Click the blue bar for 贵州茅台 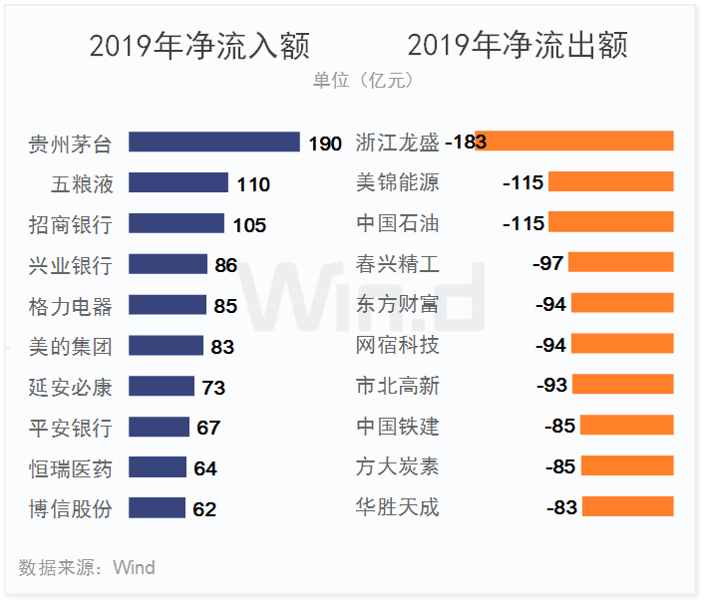click(x=213, y=143)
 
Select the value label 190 click(x=325, y=144)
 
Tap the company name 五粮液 click(x=83, y=184)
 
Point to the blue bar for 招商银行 click(x=176, y=224)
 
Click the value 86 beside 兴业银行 click(x=225, y=265)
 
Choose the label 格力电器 click(x=71, y=306)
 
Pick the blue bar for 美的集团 click(x=166, y=346)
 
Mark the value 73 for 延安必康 click(x=213, y=388)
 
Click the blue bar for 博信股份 click(x=157, y=508)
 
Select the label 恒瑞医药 click(x=71, y=468)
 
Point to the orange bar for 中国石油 click(x=611, y=223)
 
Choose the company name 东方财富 click(x=397, y=305)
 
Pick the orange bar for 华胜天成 click(x=627, y=507)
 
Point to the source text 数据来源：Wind click(x=87, y=568)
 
